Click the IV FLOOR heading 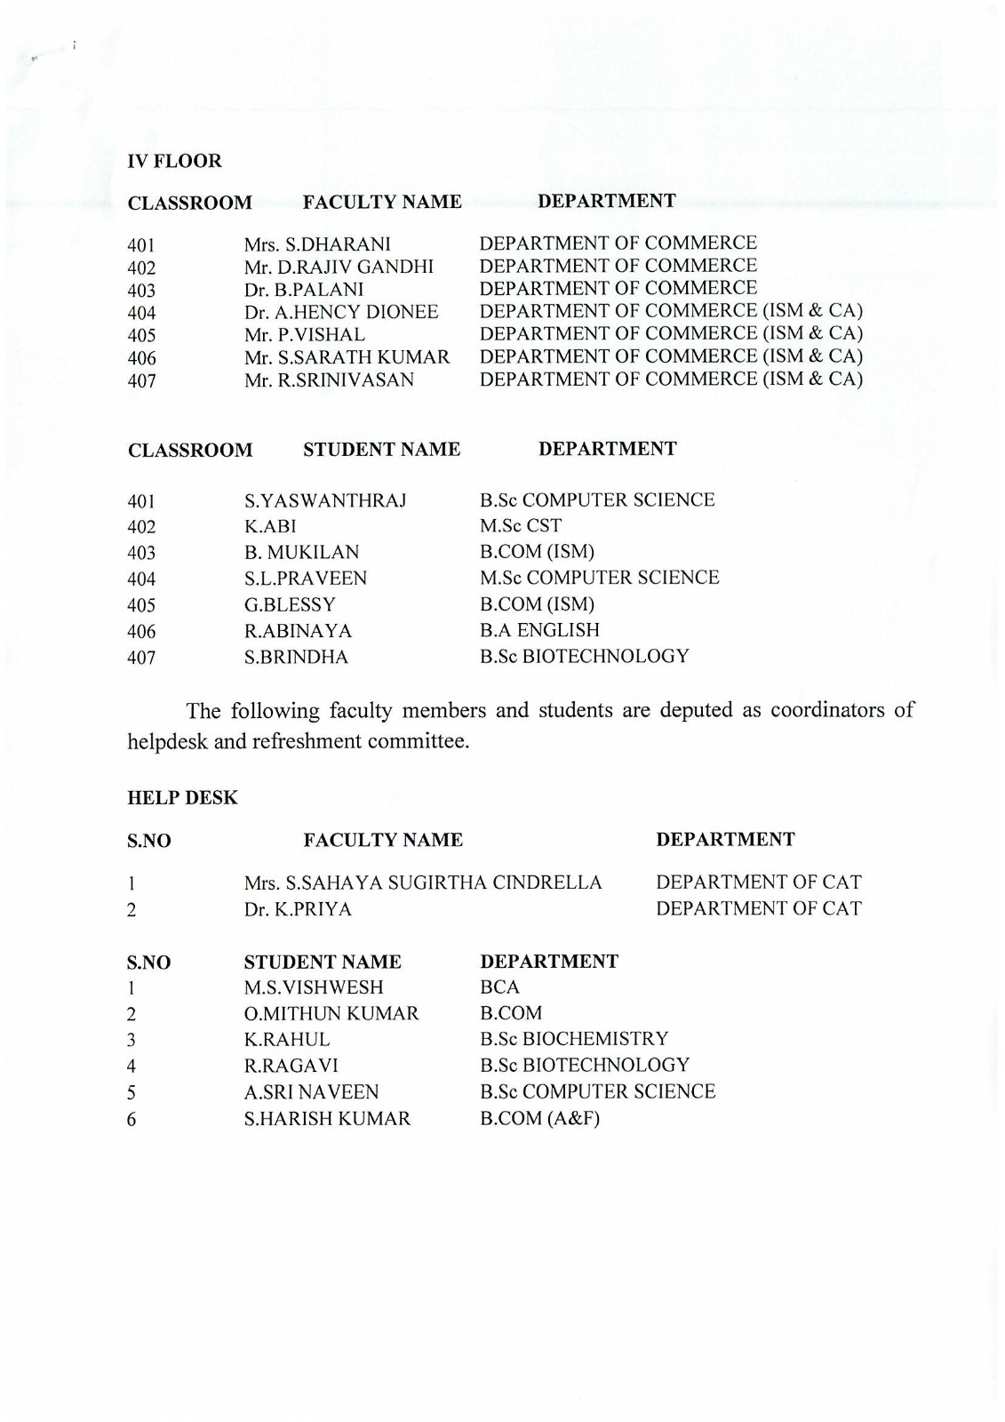coord(175,162)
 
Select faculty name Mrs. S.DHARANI coord(317,244)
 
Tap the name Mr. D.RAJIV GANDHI coord(339,267)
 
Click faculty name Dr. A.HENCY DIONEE coord(341,312)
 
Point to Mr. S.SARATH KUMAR coord(347,357)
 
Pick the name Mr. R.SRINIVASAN coord(329,380)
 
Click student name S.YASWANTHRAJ coord(325,500)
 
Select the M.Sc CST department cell coord(521,526)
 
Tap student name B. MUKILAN coord(301,552)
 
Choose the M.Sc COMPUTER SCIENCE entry coord(599,578)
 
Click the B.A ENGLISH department coord(539,630)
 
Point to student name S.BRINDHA coord(296,658)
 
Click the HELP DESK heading coord(183,798)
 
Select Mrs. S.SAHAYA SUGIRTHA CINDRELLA coord(423,883)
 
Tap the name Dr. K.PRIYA coord(298,909)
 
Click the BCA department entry coord(499,987)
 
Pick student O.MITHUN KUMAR coord(331,1014)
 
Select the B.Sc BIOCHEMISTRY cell coord(574,1039)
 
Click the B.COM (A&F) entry coord(539,1118)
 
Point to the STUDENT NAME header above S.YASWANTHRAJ coord(382,450)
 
